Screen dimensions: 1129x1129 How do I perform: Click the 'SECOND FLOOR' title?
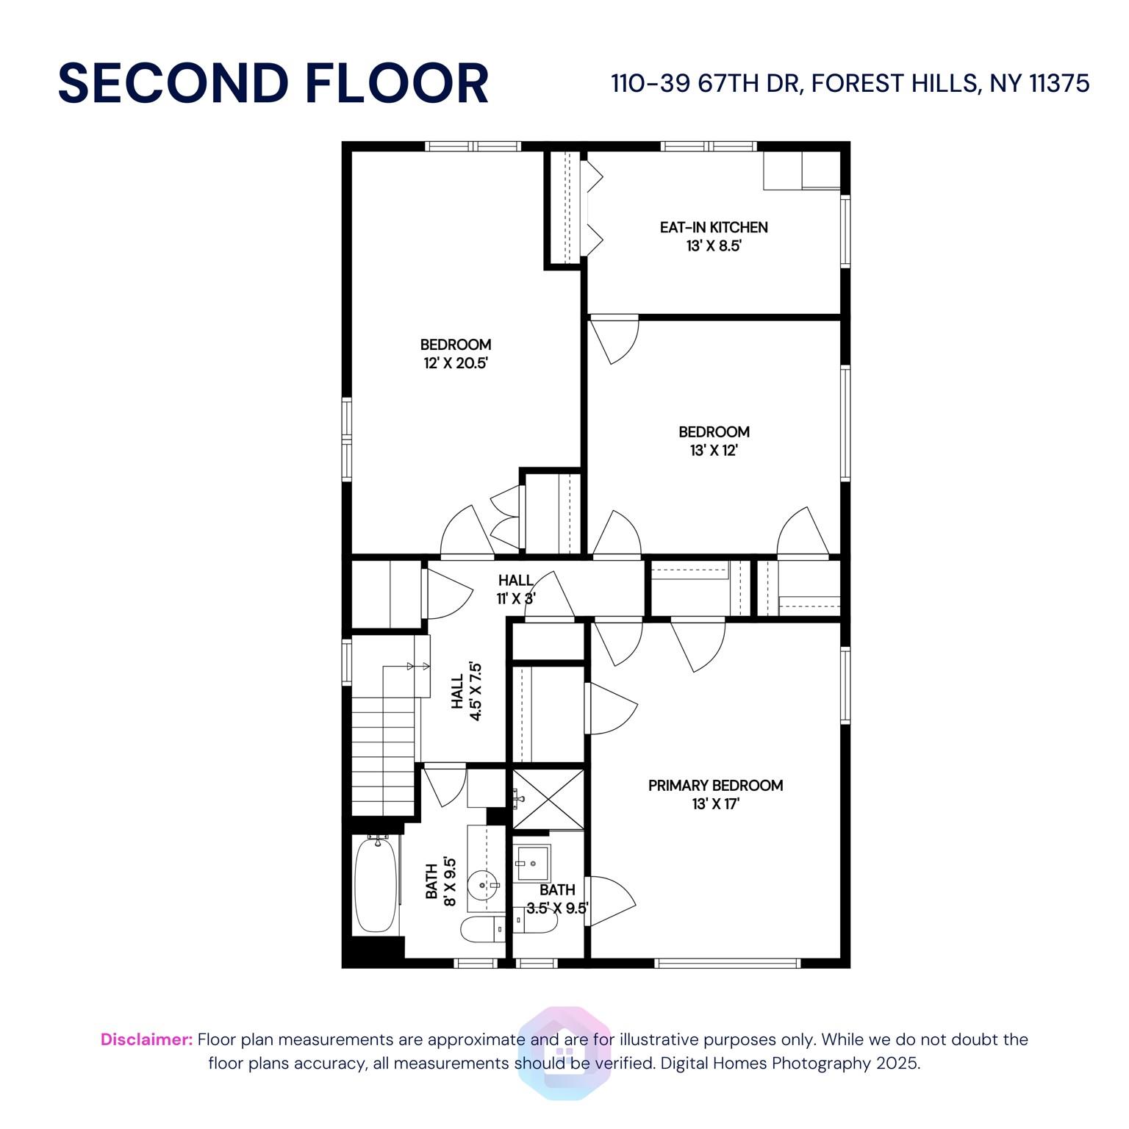pyautogui.click(x=273, y=83)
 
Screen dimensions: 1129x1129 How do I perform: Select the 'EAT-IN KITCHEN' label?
pyautogui.click(x=714, y=227)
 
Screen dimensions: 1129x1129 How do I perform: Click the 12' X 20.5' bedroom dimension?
pyautogui.click(x=456, y=363)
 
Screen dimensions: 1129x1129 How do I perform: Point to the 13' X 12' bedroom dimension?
pyautogui.click(x=714, y=451)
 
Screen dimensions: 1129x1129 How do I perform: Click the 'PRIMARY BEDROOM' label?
pyautogui.click(x=715, y=785)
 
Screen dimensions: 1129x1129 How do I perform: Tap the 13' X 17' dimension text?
pyautogui.click(x=715, y=804)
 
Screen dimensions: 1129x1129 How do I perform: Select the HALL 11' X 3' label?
pyautogui.click(x=516, y=589)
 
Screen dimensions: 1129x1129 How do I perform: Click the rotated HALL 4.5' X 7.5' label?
pyautogui.click(x=467, y=692)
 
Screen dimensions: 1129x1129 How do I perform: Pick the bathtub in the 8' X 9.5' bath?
pyautogui.click(x=376, y=885)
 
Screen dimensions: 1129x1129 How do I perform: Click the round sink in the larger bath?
pyautogui.click(x=484, y=883)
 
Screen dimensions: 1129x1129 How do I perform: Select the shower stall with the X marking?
pyautogui.click(x=548, y=799)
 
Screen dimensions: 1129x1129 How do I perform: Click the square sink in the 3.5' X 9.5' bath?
pyautogui.click(x=533, y=862)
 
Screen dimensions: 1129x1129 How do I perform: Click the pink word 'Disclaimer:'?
pyautogui.click(x=147, y=1039)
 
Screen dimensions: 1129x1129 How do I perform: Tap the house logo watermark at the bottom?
pyautogui.click(x=564, y=1053)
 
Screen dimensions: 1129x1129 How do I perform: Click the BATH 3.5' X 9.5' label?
pyautogui.click(x=557, y=899)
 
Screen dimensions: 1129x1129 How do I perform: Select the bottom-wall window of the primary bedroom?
pyautogui.click(x=727, y=962)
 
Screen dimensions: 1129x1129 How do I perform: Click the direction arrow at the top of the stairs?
pyautogui.click(x=418, y=666)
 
